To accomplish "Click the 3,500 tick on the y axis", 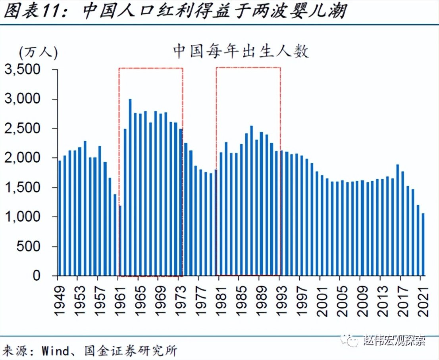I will click(x=28, y=70).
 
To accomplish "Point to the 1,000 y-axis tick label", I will click(x=28, y=217).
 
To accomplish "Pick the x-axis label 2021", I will click(x=423, y=297).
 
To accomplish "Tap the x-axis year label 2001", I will click(x=322, y=297).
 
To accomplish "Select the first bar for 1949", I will click(x=60, y=218).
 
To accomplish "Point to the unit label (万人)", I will click(x=38, y=52).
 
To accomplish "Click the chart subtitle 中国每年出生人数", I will click(x=241, y=52).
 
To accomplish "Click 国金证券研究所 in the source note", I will click(x=131, y=350).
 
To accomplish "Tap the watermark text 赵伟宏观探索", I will click(x=395, y=340).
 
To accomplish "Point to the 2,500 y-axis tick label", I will click(x=28, y=129).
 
